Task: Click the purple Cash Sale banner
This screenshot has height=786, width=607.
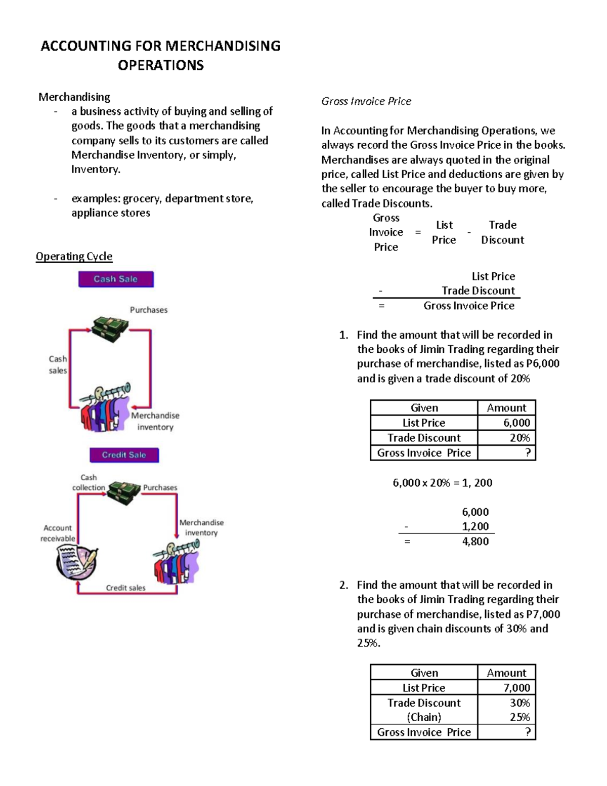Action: (x=116, y=279)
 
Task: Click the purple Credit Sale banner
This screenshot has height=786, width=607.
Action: (x=124, y=455)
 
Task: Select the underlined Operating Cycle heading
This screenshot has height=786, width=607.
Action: (x=74, y=257)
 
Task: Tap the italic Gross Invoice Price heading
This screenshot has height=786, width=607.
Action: (x=366, y=101)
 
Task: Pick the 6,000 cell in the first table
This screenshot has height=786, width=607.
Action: (x=506, y=423)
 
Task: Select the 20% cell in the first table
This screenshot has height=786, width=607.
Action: (x=506, y=438)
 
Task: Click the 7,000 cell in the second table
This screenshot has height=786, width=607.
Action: (x=506, y=688)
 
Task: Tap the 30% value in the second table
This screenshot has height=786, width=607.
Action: (x=519, y=703)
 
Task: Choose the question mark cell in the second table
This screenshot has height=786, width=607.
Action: (x=506, y=732)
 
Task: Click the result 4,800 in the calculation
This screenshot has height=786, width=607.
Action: (x=475, y=542)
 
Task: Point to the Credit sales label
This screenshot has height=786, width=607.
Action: (x=125, y=588)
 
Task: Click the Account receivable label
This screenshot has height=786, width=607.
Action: (x=58, y=533)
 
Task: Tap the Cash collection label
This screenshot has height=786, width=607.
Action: (x=89, y=482)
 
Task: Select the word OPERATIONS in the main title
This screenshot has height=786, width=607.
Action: (x=161, y=65)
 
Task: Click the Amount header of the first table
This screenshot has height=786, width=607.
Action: (x=506, y=408)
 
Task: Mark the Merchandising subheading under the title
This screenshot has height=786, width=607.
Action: (x=74, y=97)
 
